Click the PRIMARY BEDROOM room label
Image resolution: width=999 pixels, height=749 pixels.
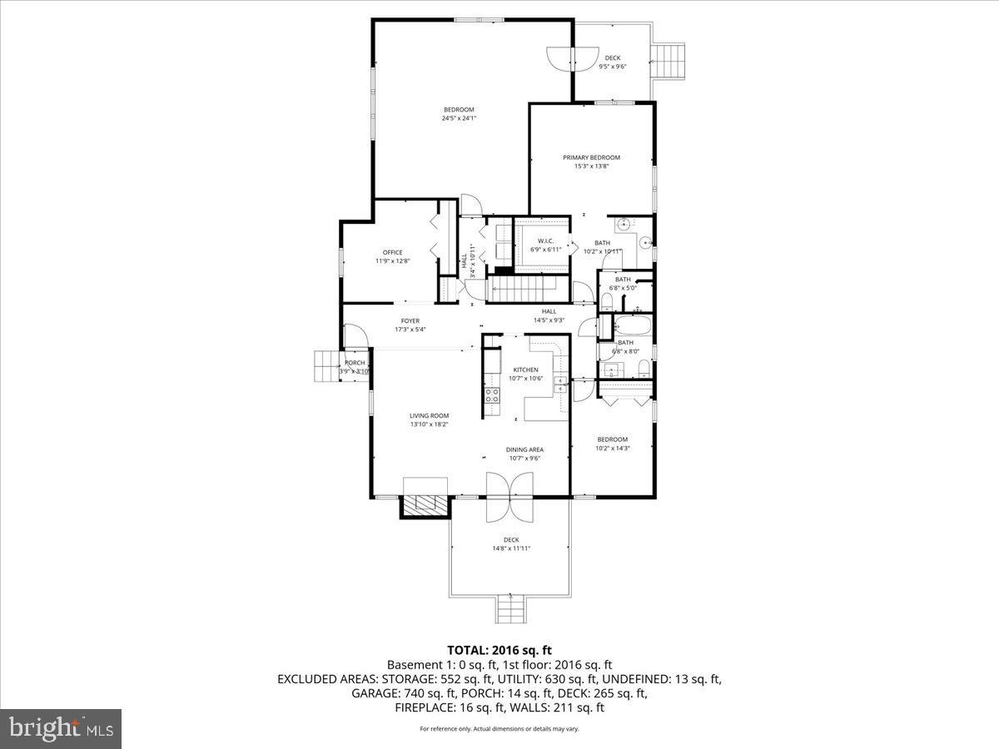coord(591,157)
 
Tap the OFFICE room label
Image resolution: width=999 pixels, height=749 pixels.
coord(392,252)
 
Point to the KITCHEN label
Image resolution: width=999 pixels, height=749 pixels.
coord(525,370)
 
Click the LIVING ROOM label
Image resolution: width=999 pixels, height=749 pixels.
coord(429,416)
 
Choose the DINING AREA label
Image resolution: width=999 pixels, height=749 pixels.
coord(524,449)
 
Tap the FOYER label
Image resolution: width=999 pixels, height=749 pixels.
coord(410,320)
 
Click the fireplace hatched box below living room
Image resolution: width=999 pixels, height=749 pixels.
coord(424,506)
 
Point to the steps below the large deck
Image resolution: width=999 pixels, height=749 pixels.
coord(509,609)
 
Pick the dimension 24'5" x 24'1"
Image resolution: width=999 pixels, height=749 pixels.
coord(459,118)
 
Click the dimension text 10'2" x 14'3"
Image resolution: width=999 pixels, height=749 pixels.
coord(613,448)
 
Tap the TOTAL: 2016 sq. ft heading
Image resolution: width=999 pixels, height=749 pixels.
coord(499,650)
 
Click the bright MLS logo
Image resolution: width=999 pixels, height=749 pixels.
coord(61,729)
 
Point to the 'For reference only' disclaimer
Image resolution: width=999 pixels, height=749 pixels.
coord(499,729)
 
